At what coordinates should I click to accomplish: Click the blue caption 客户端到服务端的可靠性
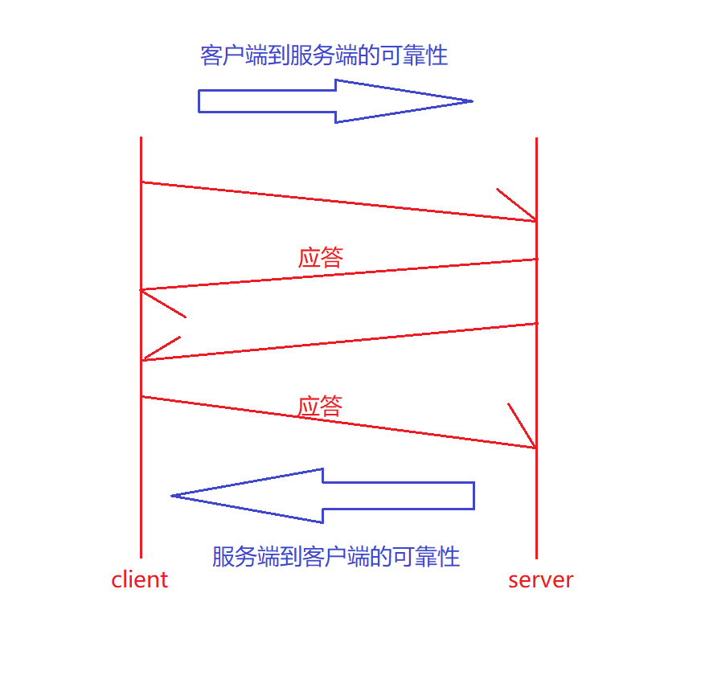coord(323,55)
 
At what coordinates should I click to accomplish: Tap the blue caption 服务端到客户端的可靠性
coord(336,556)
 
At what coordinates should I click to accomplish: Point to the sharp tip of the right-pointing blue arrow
coord(470,101)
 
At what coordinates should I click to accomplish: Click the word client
coord(140,579)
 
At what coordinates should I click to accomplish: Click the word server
coord(540,579)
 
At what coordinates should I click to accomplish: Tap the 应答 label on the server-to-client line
coord(321,257)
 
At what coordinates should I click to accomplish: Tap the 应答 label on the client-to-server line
coord(320,406)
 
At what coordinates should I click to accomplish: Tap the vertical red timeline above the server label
coord(536,498)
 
